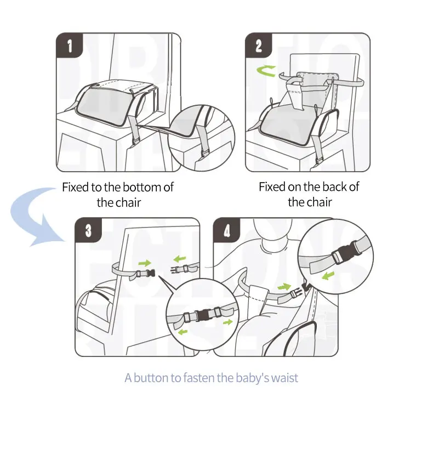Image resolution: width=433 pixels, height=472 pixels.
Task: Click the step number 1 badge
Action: coord(69,45)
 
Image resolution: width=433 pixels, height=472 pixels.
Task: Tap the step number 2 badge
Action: coord(259,45)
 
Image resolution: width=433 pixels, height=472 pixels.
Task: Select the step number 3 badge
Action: coord(88,230)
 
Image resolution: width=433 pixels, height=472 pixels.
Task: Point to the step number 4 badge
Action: coord(226,230)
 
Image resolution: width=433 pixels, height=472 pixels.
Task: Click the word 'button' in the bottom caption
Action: coord(151,378)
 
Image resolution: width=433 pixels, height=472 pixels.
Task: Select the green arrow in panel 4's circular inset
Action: coord(328,275)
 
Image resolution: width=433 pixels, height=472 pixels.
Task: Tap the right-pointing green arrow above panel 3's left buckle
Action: coord(144,263)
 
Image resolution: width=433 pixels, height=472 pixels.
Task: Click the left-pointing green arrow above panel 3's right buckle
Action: coord(180,258)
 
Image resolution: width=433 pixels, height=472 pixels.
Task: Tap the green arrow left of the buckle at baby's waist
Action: coord(284,287)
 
